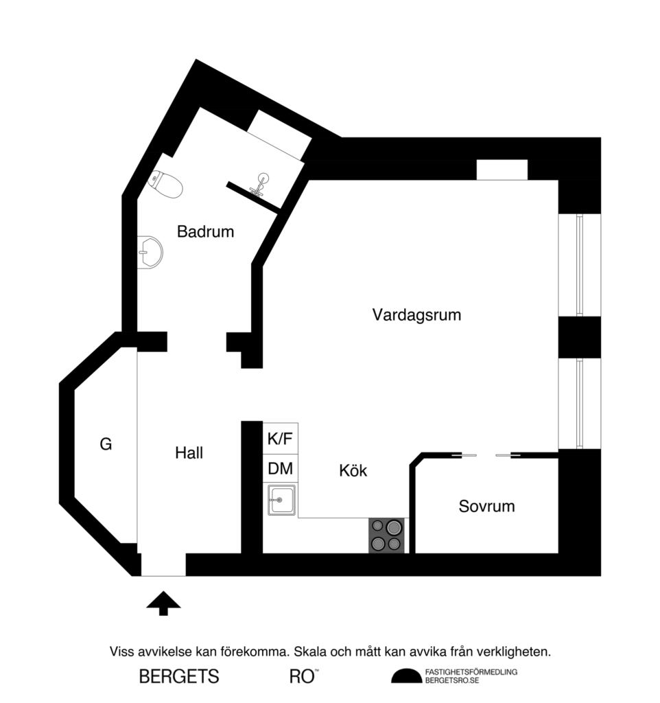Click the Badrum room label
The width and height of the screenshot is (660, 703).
click(x=205, y=232)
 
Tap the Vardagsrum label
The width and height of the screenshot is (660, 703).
click(x=416, y=315)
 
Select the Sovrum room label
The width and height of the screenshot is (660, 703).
click(x=486, y=507)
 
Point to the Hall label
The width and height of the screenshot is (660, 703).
click(x=189, y=453)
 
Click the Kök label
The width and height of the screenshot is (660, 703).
click(x=353, y=471)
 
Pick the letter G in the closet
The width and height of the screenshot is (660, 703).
click(x=106, y=444)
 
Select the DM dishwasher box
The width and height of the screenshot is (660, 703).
click(x=281, y=470)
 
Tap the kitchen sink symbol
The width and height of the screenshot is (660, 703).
click(x=281, y=500)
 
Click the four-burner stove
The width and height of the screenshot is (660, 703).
click(x=386, y=535)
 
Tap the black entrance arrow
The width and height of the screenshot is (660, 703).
click(x=163, y=603)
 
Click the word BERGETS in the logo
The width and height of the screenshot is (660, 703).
click(x=179, y=676)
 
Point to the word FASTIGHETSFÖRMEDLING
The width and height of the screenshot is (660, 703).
click(x=471, y=671)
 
